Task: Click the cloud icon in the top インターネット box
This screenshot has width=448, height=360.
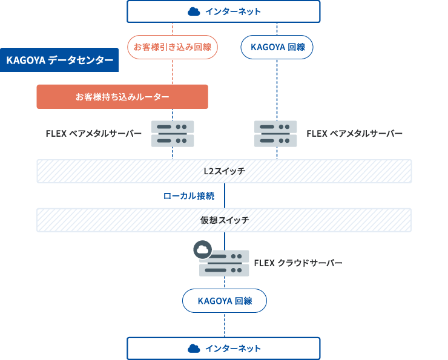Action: click(x=194, y=11)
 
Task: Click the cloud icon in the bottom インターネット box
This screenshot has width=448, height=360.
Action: click(x=194, y=349)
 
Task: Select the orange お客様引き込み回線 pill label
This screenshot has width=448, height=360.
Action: click(x=173, y=47)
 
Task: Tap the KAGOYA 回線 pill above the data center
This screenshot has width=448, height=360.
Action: click(x=277, y=47)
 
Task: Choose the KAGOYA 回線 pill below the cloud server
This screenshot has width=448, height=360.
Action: click(x=225, y=301)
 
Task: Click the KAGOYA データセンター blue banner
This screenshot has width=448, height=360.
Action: click(x=59, y=61)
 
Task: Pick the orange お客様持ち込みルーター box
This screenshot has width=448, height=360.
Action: click(x=122, y=97)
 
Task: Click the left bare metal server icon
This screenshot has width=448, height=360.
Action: click(x=173, y=134)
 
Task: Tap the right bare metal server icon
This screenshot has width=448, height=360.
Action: click(x=275, y=134)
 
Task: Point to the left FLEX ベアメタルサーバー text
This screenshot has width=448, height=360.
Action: click(x=94, y=134)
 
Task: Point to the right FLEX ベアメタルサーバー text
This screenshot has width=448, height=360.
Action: click(x=355, y=134)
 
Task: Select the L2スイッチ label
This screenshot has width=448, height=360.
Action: click(x=225, y=171)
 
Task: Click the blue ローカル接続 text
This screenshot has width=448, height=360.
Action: click(x=189, y=196)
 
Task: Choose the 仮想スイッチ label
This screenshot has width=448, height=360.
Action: click(x=225, y=220)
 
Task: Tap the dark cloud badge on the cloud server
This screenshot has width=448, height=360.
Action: click(x=202, y=249)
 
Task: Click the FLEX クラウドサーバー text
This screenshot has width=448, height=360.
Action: click(x=298, y=263)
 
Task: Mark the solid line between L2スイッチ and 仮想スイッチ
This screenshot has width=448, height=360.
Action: click(x=225, y=195)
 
